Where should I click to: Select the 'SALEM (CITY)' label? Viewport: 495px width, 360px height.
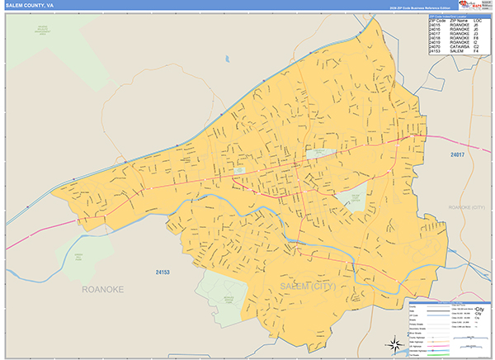coord(309,286)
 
